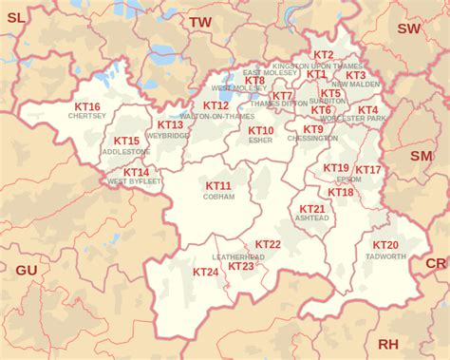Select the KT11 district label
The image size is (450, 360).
click(218, 186)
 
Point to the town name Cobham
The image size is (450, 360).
click(218, 197)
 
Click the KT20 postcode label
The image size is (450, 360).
click(386, 246)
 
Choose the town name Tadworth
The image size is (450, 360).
click(385, 256)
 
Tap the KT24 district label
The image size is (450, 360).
click(206, 272)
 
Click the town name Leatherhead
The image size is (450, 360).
click(238, 256)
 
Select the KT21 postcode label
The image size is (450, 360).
click(312, 208)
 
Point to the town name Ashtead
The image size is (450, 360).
click(312, 218)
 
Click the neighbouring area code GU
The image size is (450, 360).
click(27, 271)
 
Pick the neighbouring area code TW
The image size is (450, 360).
click(200, 22)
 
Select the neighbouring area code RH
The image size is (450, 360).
click(388, 343)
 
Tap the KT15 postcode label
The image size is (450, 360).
click(126, 142)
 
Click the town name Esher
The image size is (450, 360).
click(261, 141)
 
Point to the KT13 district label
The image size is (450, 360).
click(171, 124)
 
